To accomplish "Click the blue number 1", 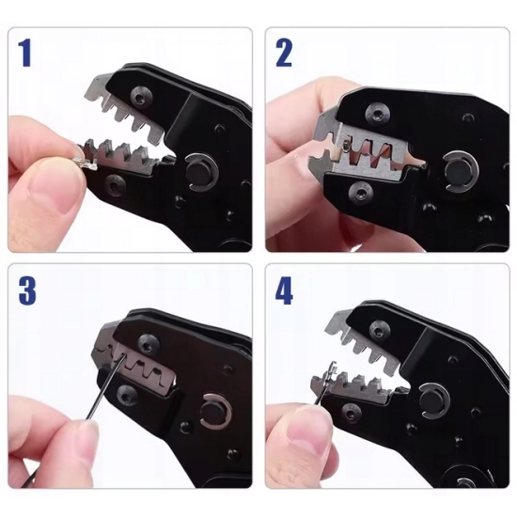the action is (x=24, y=53).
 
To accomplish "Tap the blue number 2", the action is (x=284, y=53).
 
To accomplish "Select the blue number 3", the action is (x=27, y=290).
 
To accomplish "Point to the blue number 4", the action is (x=284, y=290).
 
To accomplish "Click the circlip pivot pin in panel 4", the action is (x=433, y=401).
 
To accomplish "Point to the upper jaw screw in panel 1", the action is (x=141, y=97).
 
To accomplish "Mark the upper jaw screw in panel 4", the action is (x=380, y=330).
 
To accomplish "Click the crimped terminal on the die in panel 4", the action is (x=326, y=379).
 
